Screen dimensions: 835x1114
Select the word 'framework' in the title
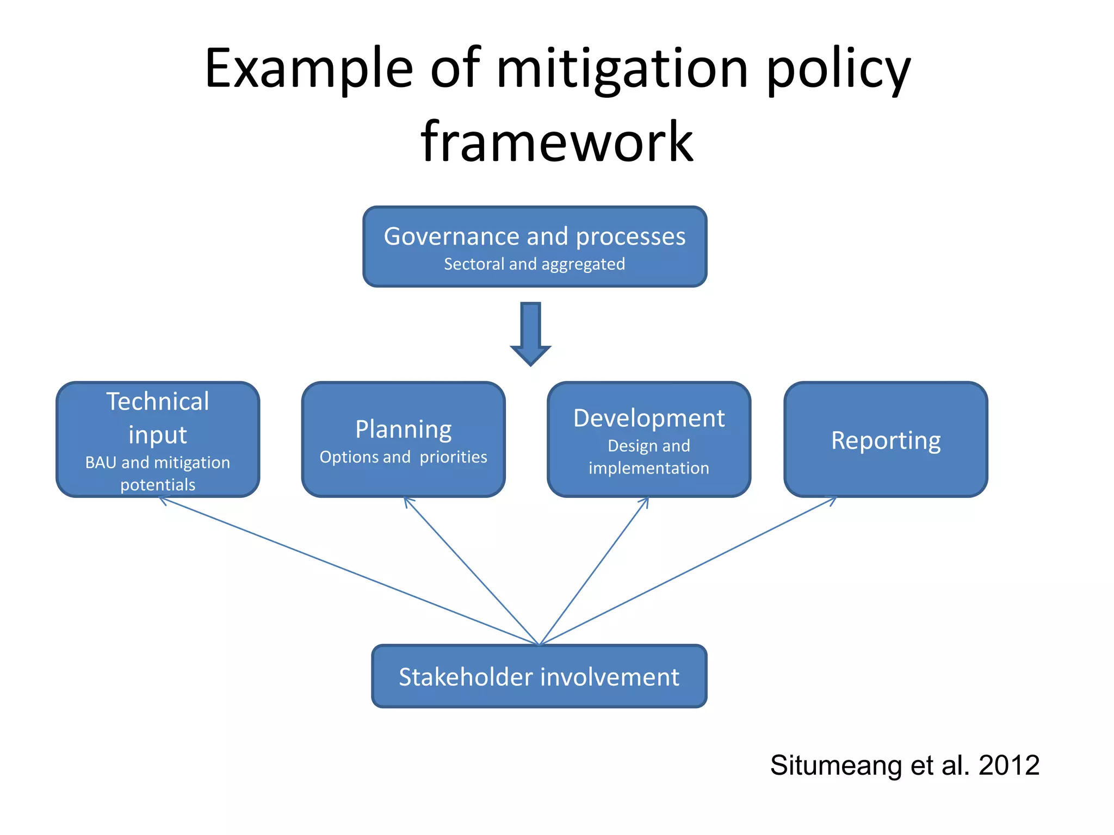pyautogui.click(x=557, y=142)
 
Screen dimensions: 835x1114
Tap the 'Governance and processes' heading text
pyautogui.click(x=535, y=236)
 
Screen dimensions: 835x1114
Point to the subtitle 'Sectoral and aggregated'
pyautogui.click(x=535, y=264)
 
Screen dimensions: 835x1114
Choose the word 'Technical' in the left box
pyautogui.click(x=158, y=402)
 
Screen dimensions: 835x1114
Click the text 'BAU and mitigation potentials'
pyautogui.click(x=158, y=473)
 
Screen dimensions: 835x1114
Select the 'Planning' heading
pyautogui.click(x=404, y=429)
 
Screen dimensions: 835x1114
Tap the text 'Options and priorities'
pyautogui.click(x=404, y=457)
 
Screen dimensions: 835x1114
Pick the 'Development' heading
pyautogui.click(x=649, y=419)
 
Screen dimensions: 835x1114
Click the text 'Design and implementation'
pyautogui.click(x=649, y=457)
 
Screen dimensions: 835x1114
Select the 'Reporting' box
pyautogui.click(x=886, y=440)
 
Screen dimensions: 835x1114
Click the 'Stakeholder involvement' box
pyautogui.click(x=539, y=677)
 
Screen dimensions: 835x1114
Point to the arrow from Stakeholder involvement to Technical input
pyautogui.click(x=348, y=571)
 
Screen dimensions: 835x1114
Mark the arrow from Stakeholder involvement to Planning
pyautogui.click(x=471, y=571)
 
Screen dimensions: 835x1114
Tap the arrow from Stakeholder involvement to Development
pyautogui.click(x=595, y=571)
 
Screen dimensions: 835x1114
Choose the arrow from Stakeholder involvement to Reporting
pyautogui.click(x=688, y=571)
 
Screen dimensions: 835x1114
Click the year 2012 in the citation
pyautogui.click(x=1009, y=765)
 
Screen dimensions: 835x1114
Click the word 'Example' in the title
pyautogui.click(x=309, y=69)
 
